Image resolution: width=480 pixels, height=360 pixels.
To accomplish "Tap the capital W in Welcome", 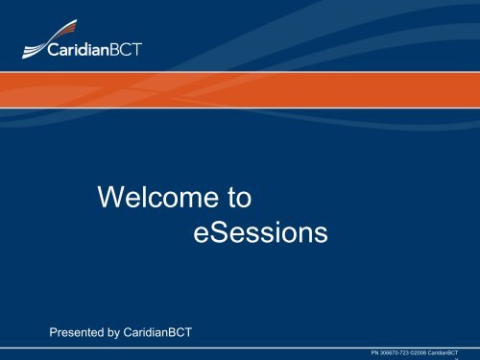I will (110, 200).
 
